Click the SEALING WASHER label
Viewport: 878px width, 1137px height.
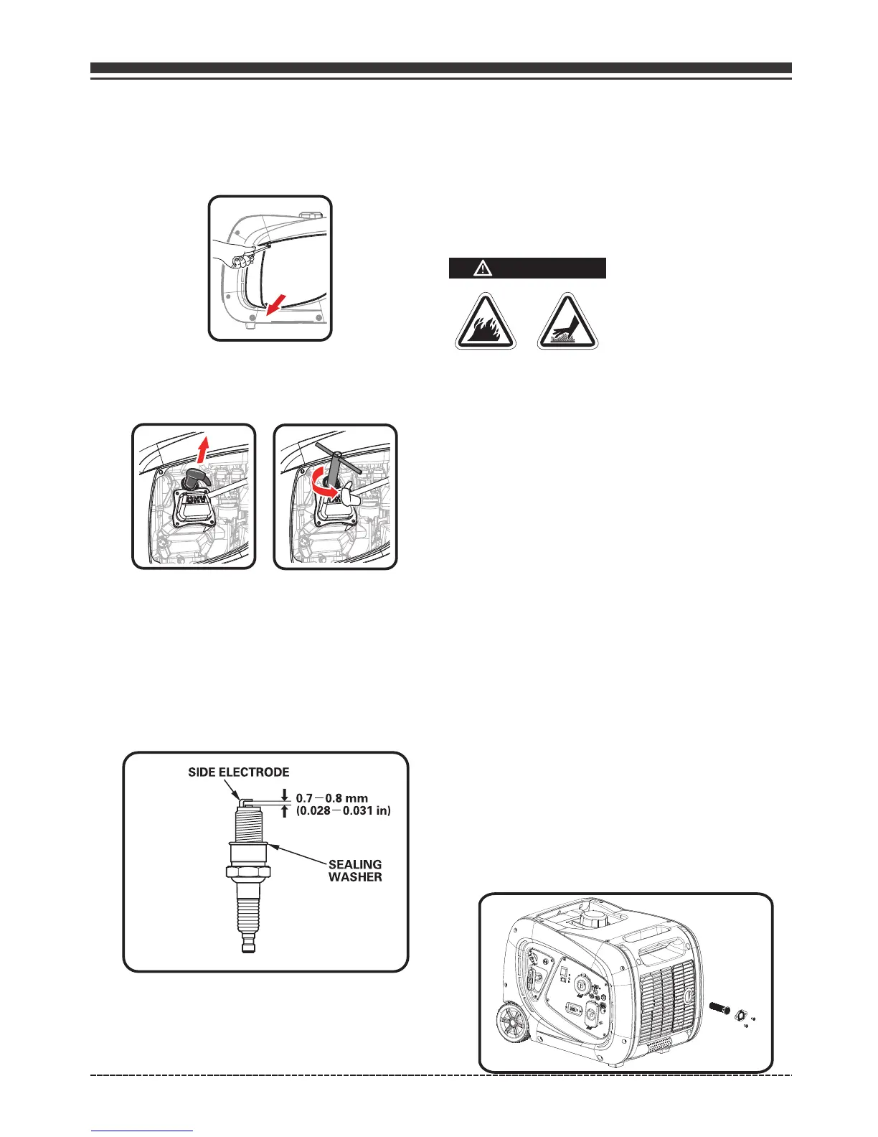355,870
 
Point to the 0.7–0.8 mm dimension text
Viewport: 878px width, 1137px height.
331,797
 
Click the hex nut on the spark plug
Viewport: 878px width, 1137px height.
247,872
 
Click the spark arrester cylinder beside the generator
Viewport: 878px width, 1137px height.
719,1008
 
